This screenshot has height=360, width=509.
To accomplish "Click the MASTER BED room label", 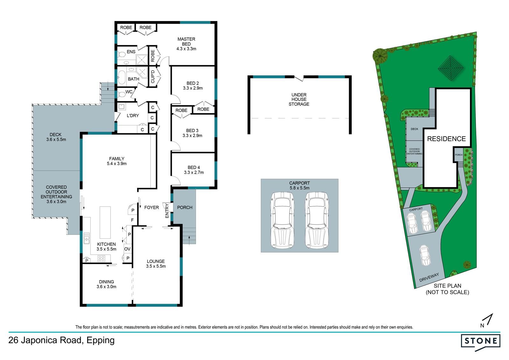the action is pos(186,42).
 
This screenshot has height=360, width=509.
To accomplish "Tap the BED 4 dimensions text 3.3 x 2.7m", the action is pos(194,173).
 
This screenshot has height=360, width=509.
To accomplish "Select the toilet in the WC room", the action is pos(122,94).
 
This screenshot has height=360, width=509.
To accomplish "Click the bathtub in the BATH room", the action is pos(122,77).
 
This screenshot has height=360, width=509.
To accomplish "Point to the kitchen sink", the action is pos(87,238).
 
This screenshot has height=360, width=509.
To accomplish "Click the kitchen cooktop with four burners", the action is pos(101,258).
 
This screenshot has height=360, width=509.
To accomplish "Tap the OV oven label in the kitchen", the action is pos(127,249).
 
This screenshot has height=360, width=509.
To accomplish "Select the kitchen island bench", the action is pos(105,222).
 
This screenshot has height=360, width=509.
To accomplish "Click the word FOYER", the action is pos(151,208).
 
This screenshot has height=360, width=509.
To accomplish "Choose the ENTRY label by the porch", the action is pos(167,211).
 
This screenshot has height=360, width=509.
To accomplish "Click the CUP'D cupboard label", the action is pos(153,77).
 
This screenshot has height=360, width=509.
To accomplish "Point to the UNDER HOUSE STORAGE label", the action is pos(299,99).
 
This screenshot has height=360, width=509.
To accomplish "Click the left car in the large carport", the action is pos(282,220).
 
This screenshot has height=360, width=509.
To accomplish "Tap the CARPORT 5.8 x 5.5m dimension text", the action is pos(299,185).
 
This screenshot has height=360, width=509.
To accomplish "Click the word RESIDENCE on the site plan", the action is pos(446,139).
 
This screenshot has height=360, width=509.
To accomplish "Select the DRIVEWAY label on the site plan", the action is pos(429,277).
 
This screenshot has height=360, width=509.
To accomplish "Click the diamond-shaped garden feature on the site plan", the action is pos(450,68).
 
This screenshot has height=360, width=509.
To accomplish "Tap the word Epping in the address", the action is pos(101,341).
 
